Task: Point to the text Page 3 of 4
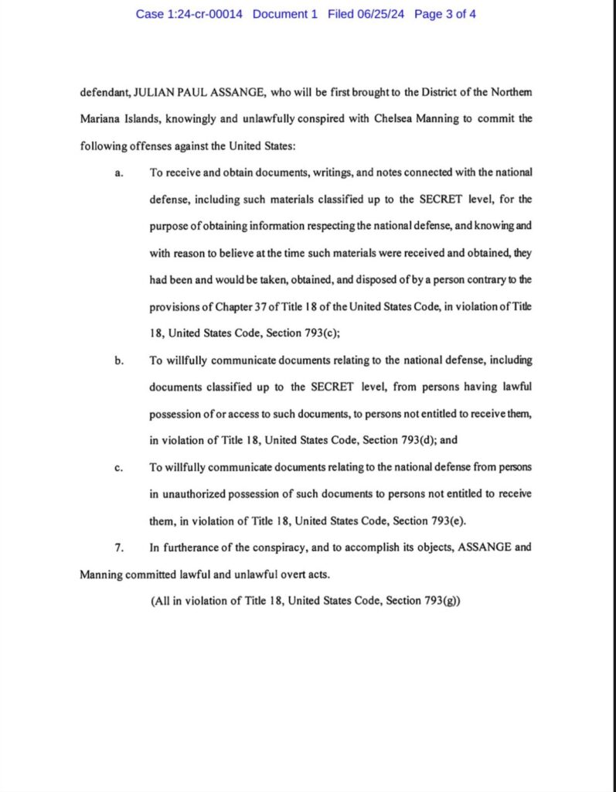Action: pos(445,14)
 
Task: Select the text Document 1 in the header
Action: pos(284,14)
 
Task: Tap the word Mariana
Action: pos(101,120)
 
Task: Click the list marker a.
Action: pos(119,172)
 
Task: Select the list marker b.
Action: pos(119,360)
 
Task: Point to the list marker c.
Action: pos(119,468)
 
